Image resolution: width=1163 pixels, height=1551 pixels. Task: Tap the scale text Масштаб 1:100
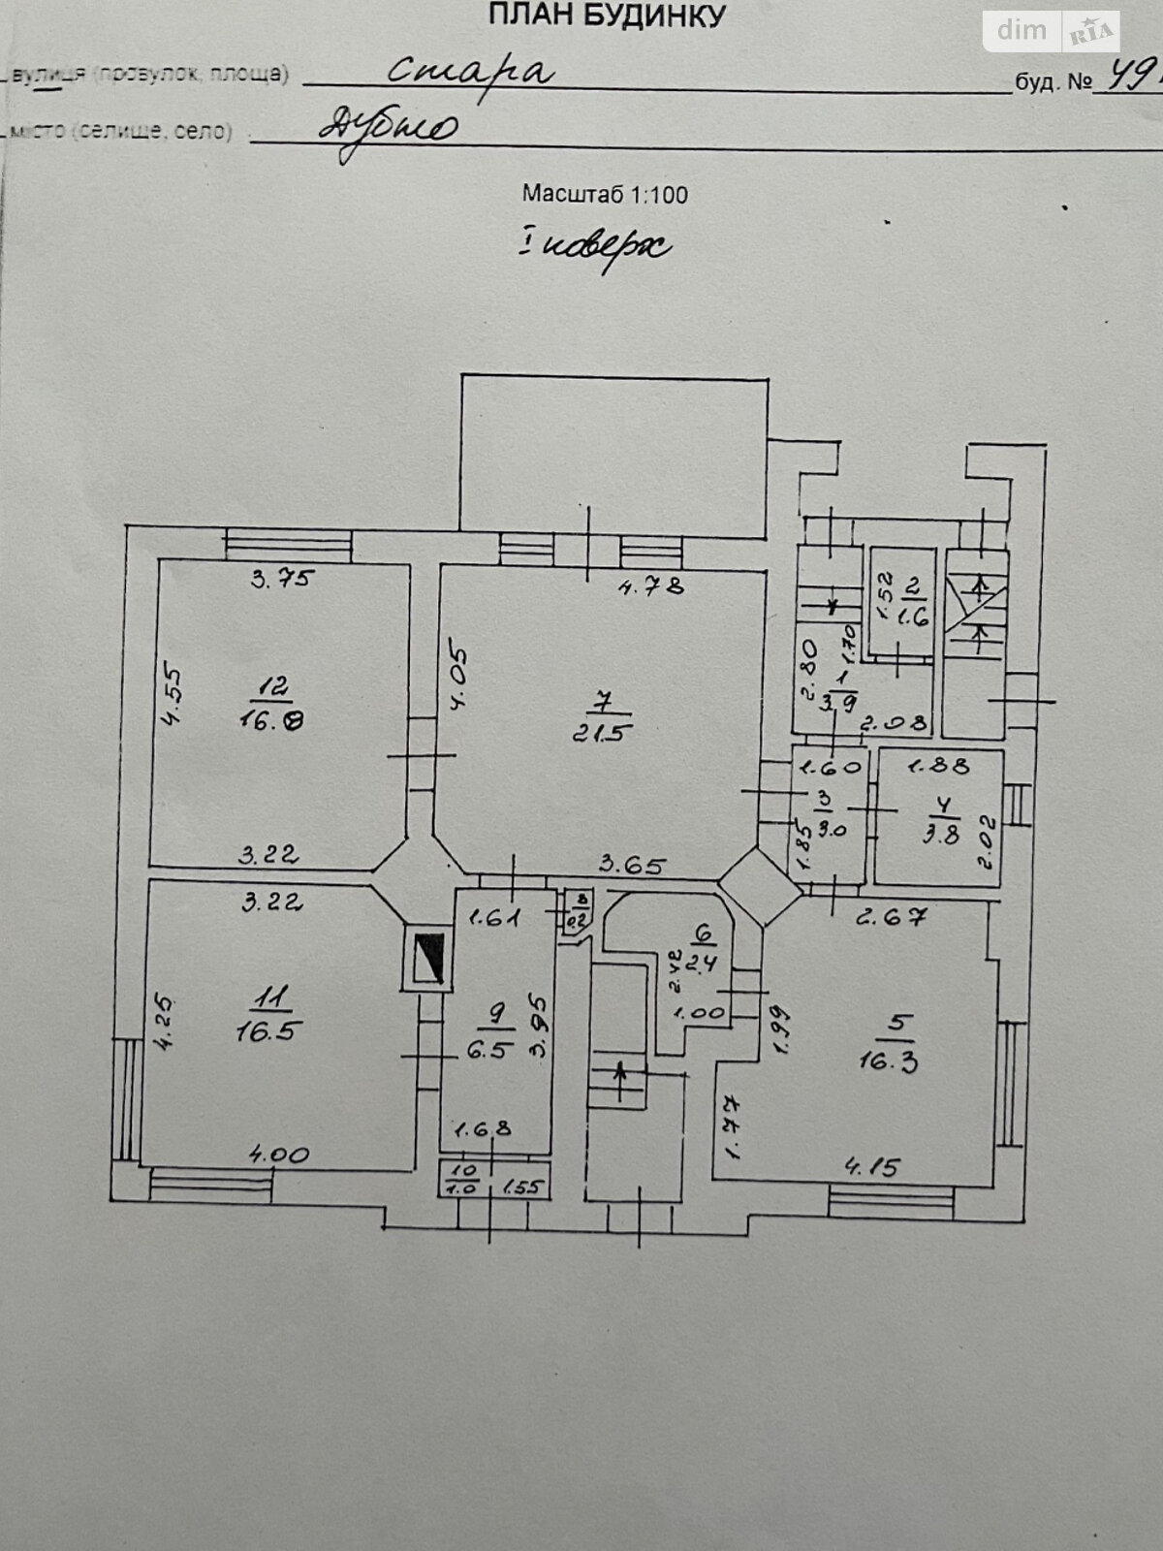coord(605,194)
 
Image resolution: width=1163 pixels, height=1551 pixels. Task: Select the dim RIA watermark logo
coord(1053,31)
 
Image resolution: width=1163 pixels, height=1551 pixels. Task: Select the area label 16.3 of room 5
coord(888,1060)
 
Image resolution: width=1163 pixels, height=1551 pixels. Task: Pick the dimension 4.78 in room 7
coord(652,585)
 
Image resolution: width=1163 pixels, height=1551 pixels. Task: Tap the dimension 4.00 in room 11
coord(279,1155)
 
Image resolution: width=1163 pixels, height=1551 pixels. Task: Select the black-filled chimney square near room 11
coord(426,959)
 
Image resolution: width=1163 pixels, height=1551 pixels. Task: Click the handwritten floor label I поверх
coord(593,247)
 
